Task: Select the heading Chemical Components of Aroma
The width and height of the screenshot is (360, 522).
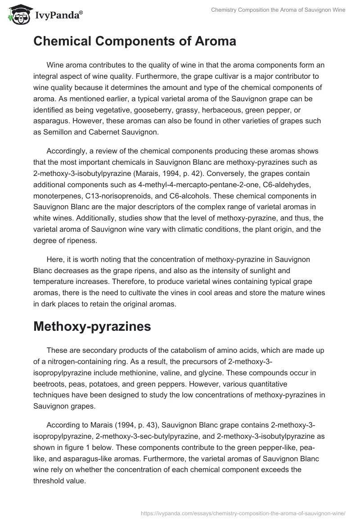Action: pyautogui.click(x=135, y=41)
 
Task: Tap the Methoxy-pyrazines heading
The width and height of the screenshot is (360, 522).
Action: pyautogui.click(x=92, y=327)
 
